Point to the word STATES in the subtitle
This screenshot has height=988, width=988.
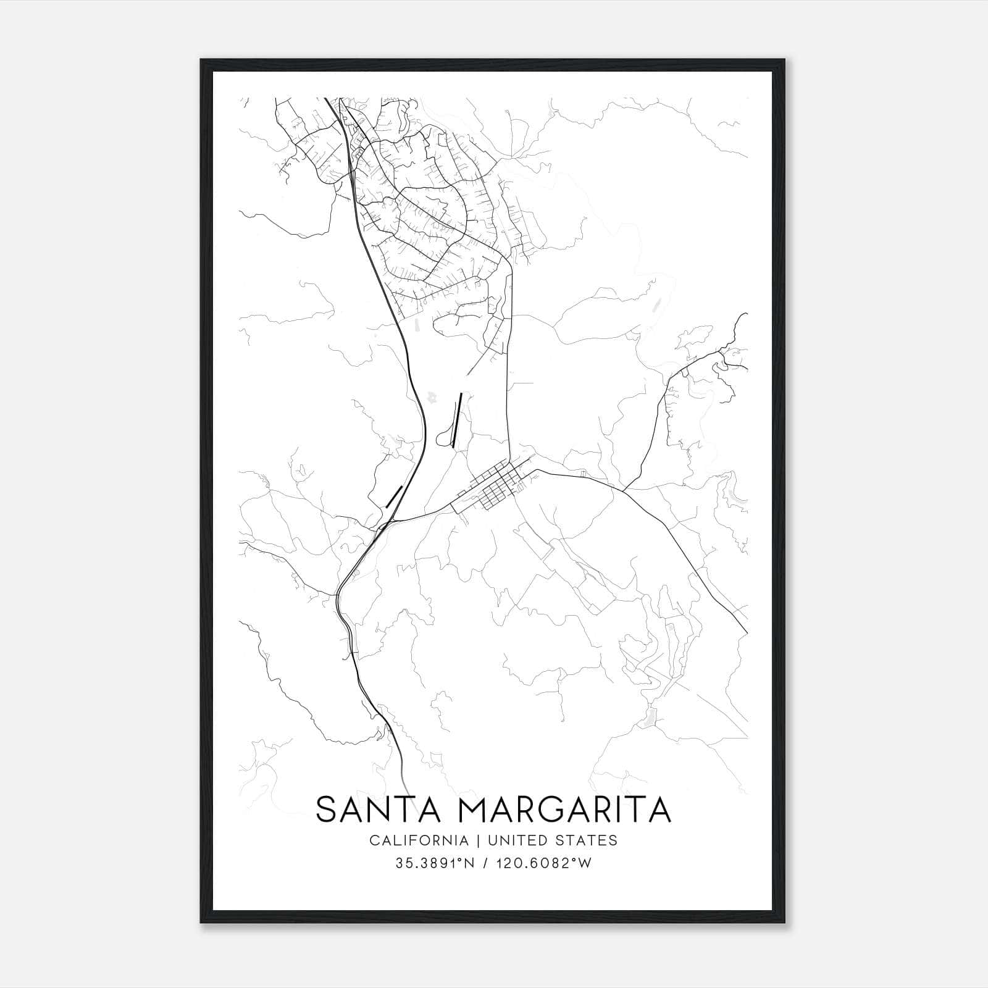[590, 840]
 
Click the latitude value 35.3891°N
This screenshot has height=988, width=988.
[435, 863]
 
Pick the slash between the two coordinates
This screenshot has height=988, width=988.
[489, 863]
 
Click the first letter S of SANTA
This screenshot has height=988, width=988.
[327, 810]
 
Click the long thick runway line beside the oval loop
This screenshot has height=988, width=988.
[457, 420]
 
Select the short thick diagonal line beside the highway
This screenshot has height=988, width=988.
[394, 496]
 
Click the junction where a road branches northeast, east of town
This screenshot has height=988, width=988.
[623, 491]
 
